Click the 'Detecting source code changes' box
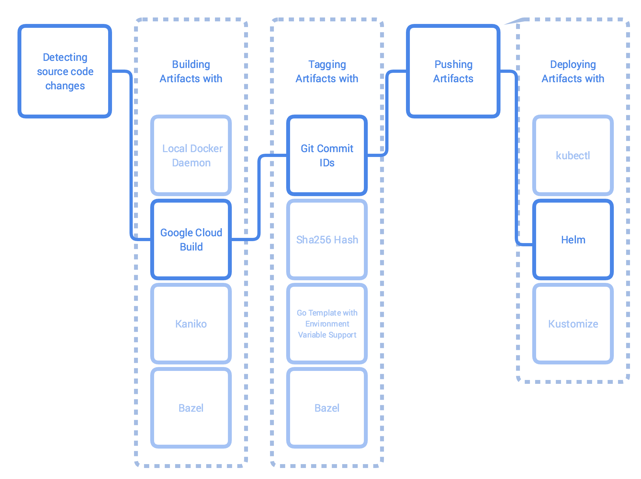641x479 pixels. (x=65, y=71)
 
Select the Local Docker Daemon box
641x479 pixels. (x=191, y=155)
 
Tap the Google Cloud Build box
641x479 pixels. (x=191, y=240)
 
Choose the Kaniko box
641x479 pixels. (x=191, y=324)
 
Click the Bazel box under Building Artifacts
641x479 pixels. (x=191, y=408)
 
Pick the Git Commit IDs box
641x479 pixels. (x=327, y=155)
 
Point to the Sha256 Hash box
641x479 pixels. (x=327, y=240)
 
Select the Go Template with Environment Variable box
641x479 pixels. (x=327, y=324)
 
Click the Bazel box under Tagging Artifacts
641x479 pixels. (x=327, y=408)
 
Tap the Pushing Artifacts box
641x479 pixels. (x=453, y=71)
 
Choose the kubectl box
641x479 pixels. (x=573, y=155)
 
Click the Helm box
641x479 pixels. (x=573, y=240)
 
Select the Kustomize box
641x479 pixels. (x=573, y=324)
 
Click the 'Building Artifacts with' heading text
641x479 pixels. (x=191, y=72)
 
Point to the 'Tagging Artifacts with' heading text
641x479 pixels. (x=327, y=72)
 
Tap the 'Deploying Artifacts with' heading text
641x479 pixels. (x=573, y=72)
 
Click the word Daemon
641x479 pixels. (x=191, y=163)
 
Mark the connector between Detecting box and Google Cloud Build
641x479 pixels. (x=131, y=155)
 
